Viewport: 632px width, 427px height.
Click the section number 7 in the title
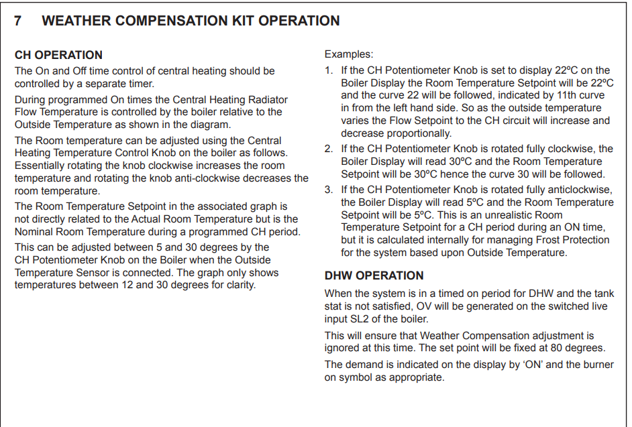pyautogui.click(x=19, y=21)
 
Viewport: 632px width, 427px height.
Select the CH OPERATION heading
pyautogui.click(x=59, y=55)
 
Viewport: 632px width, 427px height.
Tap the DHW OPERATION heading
pyautogui.click(x=374, y=276)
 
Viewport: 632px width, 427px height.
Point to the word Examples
pyautogui.click(x=349, y=54)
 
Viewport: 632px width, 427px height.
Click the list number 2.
pyautogui.click(x=328, y=149)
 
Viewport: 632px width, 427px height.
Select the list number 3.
pyautogui.click(x=328, y=190)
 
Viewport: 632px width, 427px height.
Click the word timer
pyautogui.click(x=140, y=84)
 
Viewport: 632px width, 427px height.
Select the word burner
pyautogui.click(x=580, y=365)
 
